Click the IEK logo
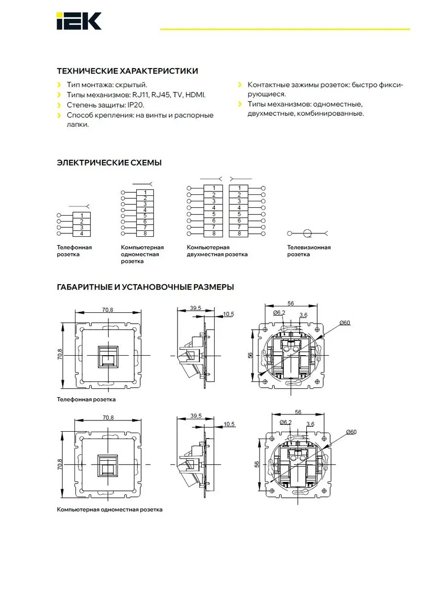[x=79, y=21]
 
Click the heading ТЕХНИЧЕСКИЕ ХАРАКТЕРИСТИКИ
[x=127, y=71]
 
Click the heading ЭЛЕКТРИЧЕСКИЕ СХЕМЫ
[x=109, y=163]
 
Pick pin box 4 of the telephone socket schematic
[x=82, y=233]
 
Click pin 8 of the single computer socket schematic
[x=145, y=233]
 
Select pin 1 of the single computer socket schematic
[x=145, y=192]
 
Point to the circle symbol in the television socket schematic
[x=307, y=233]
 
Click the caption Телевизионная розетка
[x=309, y=251]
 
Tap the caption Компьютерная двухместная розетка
[x=217, y=251]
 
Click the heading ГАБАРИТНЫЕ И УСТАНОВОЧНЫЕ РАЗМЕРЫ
[x=146, y=287]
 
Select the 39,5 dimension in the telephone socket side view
[x=195, y=308]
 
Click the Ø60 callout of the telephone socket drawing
[x=344, y=323]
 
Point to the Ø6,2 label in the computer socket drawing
[x=286, y=422]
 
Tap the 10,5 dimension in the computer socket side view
[x=229, y=424]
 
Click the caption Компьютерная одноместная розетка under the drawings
[x=110, y=510]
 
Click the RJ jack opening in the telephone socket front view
[x=108, y=357]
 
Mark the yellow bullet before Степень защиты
[x=59, y=105]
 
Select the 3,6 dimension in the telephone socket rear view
[x=303, y=315]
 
